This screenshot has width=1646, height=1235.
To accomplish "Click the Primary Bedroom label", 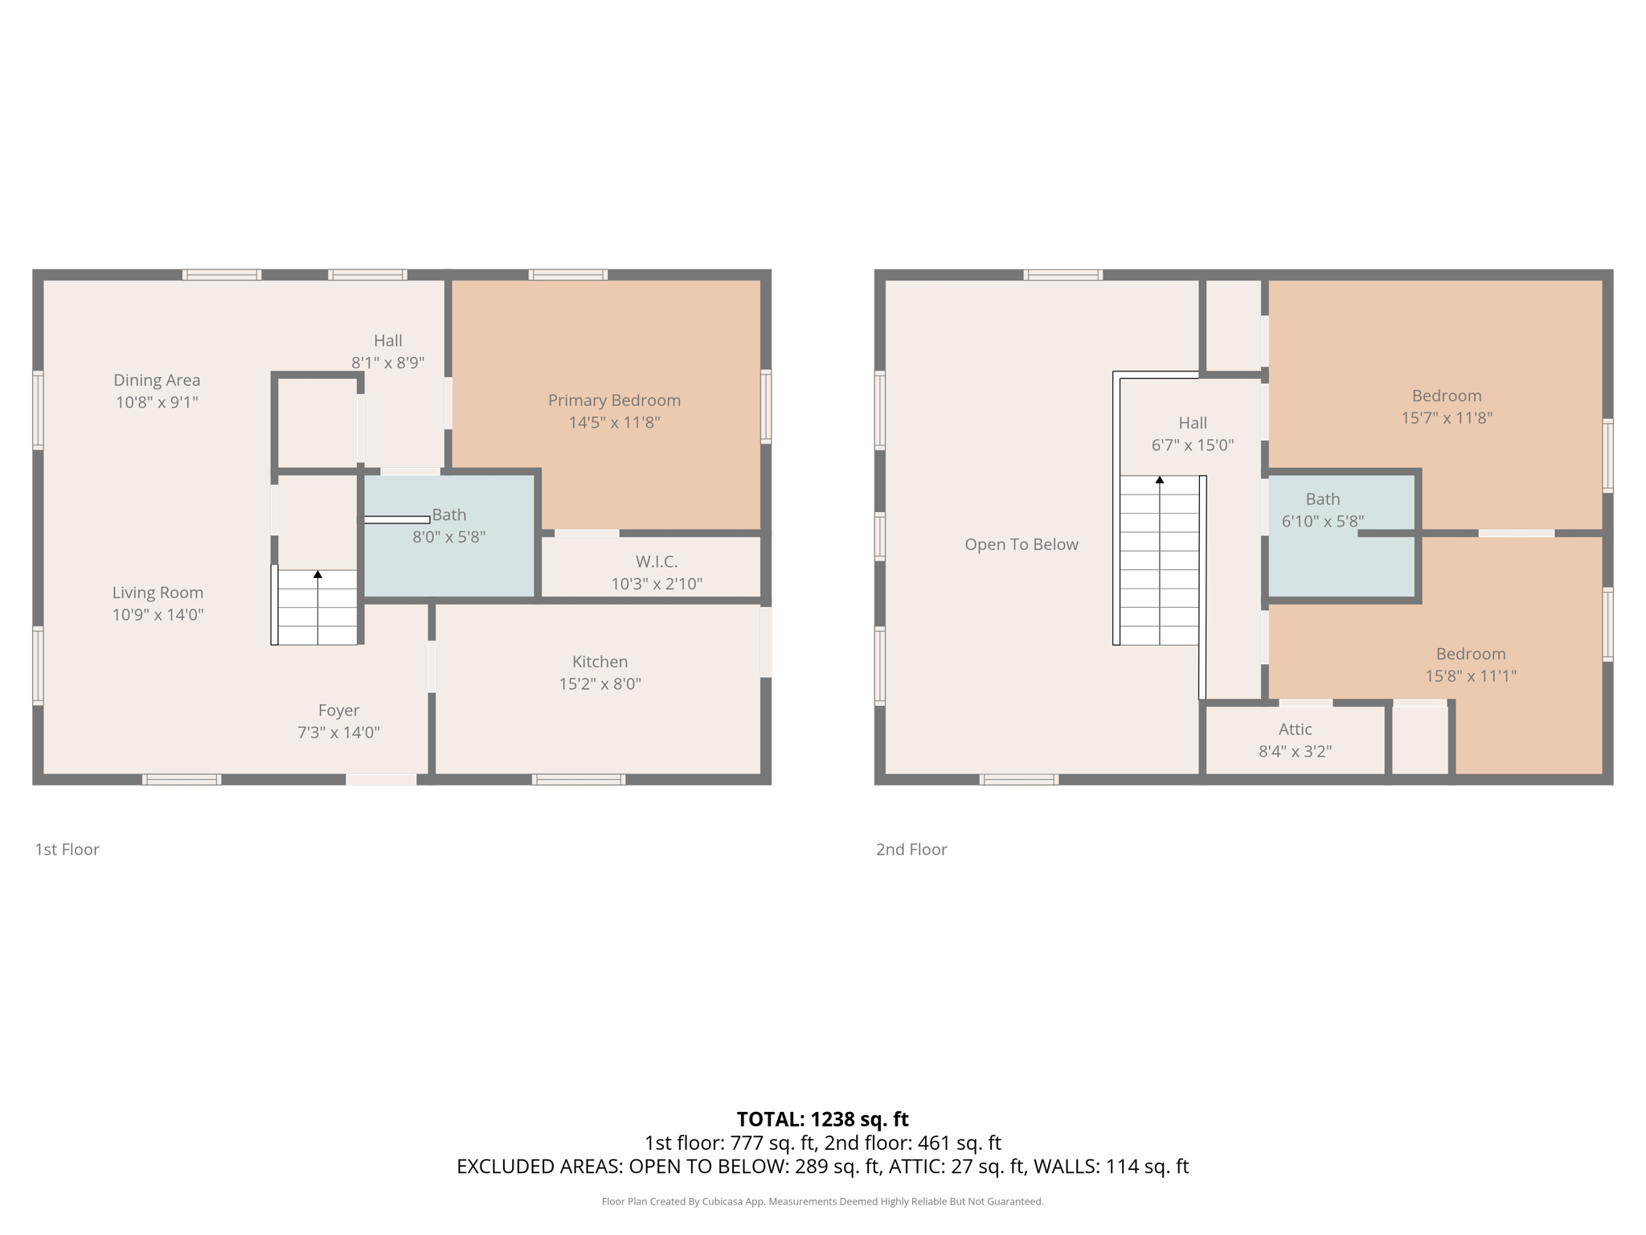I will click(x=614, y=400).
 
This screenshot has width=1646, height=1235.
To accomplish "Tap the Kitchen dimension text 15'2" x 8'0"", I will click(x=600, y=684).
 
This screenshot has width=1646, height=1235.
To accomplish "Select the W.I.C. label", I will click(x=657, y=562).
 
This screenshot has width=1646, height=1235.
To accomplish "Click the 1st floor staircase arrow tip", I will click(x=318, y=574).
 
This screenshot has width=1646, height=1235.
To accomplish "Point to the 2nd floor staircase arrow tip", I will click(x=1160, y=480).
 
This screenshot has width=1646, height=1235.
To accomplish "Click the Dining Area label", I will click(x=157, y=380).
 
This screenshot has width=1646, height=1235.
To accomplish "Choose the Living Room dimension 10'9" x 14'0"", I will click(x=158, y=615).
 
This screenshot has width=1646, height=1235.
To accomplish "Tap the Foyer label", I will click(x=338, y=711).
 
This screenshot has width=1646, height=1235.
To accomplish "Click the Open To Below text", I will click(x=1021, y=544).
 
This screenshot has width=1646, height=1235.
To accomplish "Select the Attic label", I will click(x=1295, y=729).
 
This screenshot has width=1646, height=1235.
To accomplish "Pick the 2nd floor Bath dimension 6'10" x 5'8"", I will click(x=1322, y=521).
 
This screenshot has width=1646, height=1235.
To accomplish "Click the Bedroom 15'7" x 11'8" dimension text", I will click(x=1447, y=418).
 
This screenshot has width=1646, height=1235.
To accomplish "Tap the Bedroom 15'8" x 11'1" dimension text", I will click(x=1471, y=676).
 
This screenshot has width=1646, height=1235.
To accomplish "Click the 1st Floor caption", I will click(x=67, y=849).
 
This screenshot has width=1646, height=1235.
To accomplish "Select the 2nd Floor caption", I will click(x=911, y=849).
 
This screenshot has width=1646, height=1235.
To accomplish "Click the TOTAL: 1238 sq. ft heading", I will click(x=822, y=1119).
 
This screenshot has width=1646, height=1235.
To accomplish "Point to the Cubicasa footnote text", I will click(x=822, y=1201).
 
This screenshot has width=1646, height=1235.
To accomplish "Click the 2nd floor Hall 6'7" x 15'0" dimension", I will click(x=1192, y=445).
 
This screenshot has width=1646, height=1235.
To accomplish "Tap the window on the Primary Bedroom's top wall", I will click(x=567, y=275).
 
